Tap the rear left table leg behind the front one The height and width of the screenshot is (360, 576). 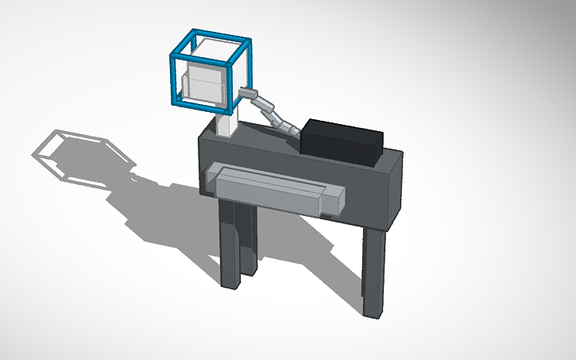[248, 238]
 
